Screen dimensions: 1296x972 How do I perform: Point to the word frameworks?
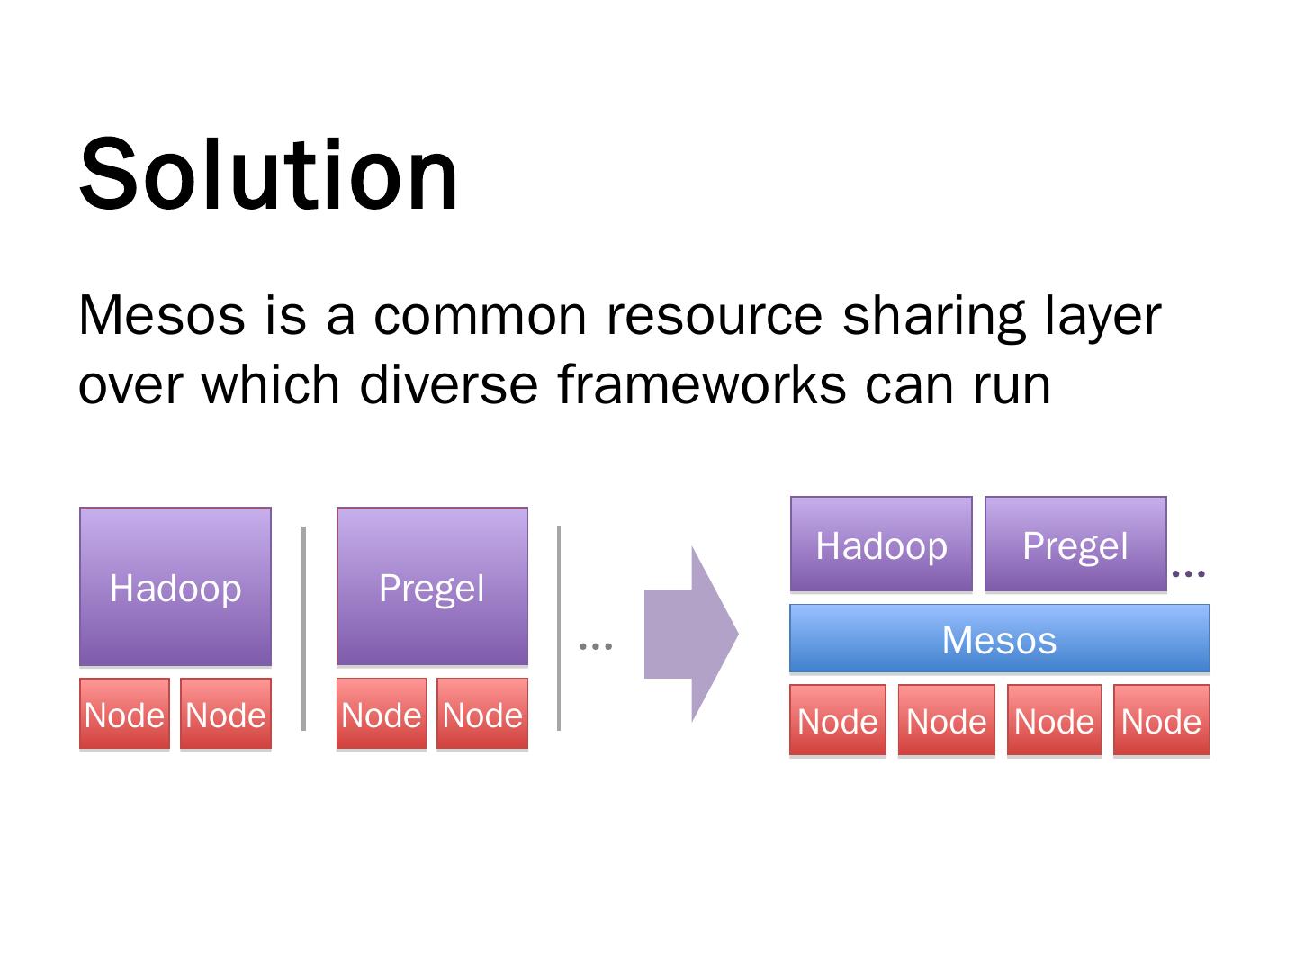pos(701,384)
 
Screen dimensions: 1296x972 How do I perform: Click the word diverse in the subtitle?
pos(448,384)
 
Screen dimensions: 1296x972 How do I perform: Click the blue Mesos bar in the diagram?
pos(999,639)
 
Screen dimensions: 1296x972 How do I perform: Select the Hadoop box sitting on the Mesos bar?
pos(881,544)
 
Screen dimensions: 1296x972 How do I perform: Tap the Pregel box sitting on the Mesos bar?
pos(1075,544)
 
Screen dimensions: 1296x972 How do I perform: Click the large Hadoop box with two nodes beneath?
pos(175,587)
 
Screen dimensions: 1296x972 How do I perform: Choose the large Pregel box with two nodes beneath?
pos(432,587)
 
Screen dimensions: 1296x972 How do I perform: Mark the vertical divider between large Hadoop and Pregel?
pos(303,628)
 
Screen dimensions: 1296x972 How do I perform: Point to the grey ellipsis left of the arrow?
pos(596,645)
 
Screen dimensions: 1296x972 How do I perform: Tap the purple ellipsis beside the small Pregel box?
pos(1189,572)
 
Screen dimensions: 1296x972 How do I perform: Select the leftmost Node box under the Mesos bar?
pos(837,720)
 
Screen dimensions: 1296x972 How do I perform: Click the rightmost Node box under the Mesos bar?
pos(1161,720)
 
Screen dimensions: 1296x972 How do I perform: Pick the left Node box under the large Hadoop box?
pos(124,715)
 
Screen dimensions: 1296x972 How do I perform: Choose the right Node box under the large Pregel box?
pos(482,715)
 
